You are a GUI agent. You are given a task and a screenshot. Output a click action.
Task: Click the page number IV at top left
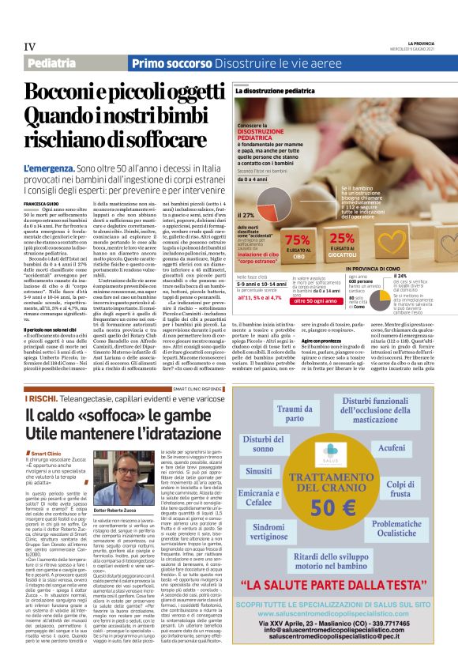(x=29, y=47)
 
